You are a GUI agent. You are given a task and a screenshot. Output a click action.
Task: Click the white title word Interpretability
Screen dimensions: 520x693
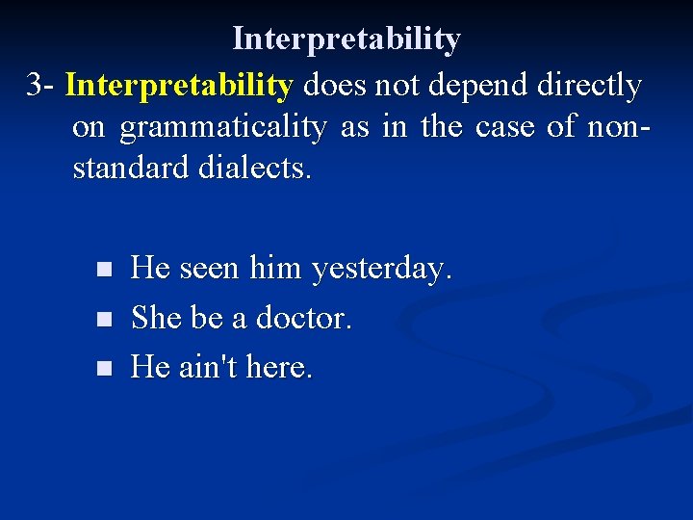(x=346, y=39)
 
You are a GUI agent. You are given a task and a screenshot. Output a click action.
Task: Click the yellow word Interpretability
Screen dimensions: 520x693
(x=178, y=86)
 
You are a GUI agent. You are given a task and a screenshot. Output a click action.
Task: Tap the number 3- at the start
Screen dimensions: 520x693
(x=41, y=86)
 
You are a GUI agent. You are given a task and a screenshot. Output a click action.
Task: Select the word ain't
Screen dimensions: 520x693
(x=211, y=367)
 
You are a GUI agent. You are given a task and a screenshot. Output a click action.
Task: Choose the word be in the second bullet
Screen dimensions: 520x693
(x=207, y=318)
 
